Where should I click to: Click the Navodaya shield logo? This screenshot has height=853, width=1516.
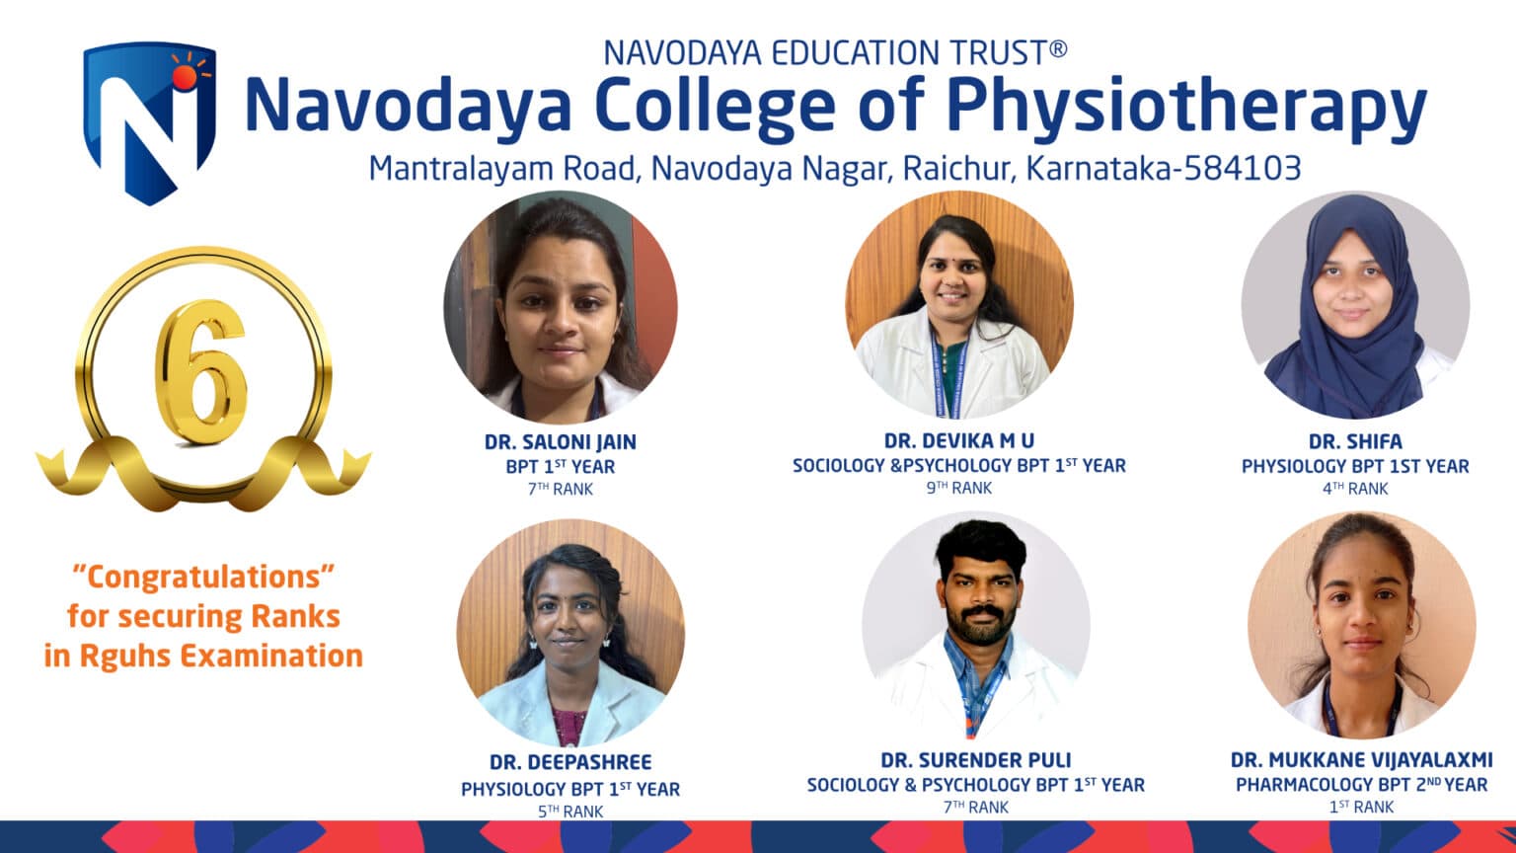coord(149,122)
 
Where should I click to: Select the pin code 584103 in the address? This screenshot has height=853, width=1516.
coord(1242,168)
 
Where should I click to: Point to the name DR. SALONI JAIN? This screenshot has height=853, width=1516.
coord(560,442)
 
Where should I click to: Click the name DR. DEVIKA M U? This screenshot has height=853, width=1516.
coord(958,440)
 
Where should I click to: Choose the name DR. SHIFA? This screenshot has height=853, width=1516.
coord(1354,441)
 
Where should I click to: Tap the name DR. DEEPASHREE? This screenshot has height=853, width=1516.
coord(569,762)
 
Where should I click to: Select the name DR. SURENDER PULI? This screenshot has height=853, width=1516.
coord(975,760)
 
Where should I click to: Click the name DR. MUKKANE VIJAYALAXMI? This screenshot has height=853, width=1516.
coord(1361,760)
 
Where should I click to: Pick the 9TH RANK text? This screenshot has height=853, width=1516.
coord(958,488)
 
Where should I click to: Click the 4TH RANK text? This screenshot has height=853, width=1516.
coord(1354,489)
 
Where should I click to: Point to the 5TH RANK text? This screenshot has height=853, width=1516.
coord(569,812)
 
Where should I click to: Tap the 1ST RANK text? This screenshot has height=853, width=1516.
coord(1361,808)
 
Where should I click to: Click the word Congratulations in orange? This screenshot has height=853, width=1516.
coord(203,577)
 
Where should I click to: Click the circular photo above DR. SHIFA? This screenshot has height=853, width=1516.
coord(1354,305)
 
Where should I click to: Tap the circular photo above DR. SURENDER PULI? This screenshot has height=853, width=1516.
coord(975,626)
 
